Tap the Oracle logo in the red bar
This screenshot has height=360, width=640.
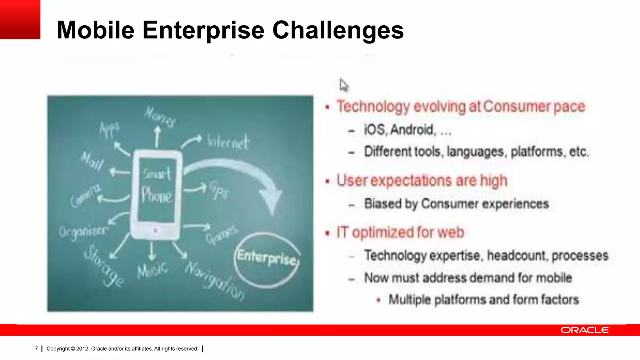point(585,330)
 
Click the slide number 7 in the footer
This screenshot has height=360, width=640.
point(37,348)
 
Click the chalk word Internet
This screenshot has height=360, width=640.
point(228,142)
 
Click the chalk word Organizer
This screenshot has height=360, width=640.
point(83,232)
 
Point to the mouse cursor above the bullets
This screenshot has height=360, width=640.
point(343,85)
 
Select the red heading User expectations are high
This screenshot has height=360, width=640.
point(422,181)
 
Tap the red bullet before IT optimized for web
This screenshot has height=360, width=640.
point(327,233)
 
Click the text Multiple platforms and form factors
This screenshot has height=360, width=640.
point(483,300)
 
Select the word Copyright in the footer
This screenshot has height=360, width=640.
point(58,349)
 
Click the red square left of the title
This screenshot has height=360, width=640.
point(20,19)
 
